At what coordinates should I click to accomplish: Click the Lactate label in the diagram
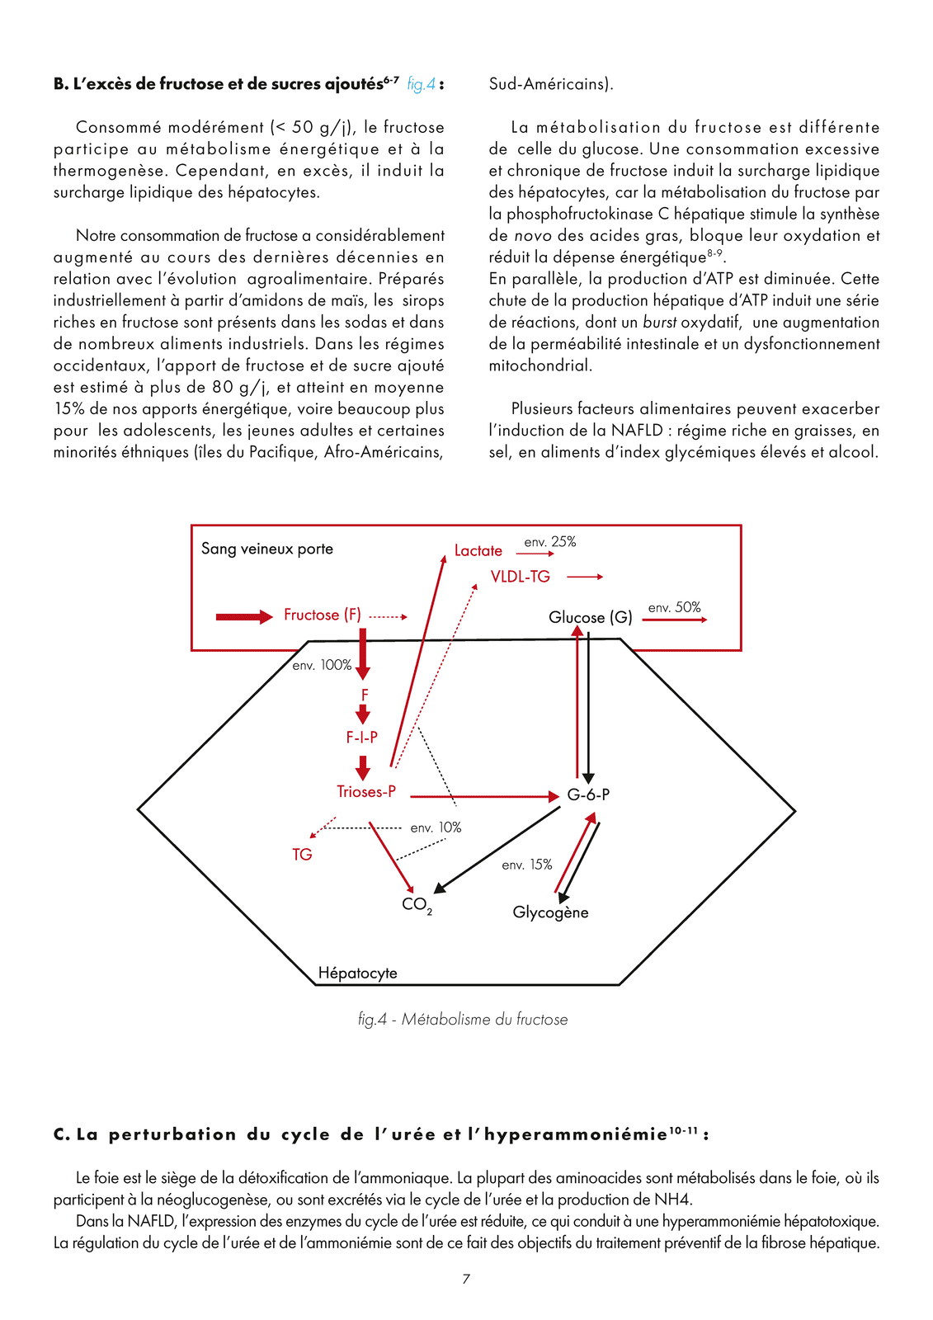tap(478, 550)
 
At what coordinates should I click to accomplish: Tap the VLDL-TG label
tap(520, 577)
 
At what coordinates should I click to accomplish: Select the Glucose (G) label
tap(591, 617)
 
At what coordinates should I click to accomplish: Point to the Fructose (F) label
tap(322, 615)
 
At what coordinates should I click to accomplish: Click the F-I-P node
tap(361, 737)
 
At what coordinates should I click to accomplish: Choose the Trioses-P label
tap(366, 792)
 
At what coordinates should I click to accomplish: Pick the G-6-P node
tap(588, 794)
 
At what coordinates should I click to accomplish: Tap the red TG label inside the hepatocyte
tap(302, 855)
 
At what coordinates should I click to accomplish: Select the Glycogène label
tap(550, 912)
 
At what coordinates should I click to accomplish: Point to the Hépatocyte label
tap(357, 973)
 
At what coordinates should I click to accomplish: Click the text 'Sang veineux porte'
tap(267, 549)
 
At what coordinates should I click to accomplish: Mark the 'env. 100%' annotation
tap(322, 665)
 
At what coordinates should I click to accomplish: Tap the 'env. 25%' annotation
tap(549, 542)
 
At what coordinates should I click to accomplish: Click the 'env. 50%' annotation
tap(674, 608)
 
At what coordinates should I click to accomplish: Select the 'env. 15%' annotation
tap(527, 865)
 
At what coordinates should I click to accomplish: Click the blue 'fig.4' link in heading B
tap(421, 84)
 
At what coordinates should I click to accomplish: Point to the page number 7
tap(466, 1279)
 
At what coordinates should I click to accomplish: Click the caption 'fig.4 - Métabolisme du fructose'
tap(463, 1019)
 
